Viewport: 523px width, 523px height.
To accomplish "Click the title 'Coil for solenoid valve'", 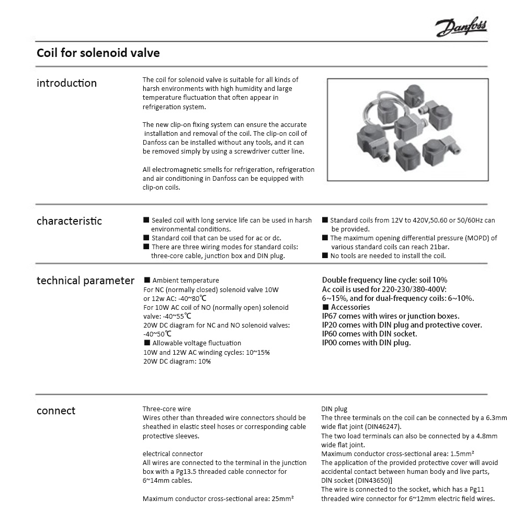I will [98, 53].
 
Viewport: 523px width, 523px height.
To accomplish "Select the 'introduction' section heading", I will [66, 83].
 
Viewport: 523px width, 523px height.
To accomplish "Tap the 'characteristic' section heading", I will [69, 221].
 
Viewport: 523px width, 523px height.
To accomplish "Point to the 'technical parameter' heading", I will [85, 281].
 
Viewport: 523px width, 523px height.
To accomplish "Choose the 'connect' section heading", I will [56, 411].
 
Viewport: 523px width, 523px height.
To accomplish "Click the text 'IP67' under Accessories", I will [330, 316].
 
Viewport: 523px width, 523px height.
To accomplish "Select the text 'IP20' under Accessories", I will [330, 325].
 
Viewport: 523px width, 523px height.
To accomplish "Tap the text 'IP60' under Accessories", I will [330, 334].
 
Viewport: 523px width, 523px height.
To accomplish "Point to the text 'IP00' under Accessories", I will [330, 343].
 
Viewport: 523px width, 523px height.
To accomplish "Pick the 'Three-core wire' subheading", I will [167, 409].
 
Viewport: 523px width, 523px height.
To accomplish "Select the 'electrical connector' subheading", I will [173, 454].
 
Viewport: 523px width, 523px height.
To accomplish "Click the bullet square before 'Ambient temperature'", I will [147, 281].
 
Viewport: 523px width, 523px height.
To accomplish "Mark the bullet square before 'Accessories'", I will [325, 307].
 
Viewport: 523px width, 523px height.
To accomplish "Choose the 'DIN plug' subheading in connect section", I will [334, 409].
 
